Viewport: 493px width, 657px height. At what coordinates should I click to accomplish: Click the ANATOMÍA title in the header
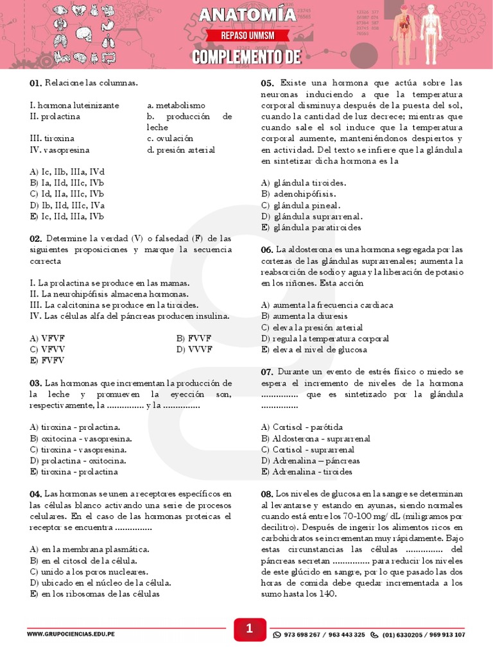pyautogui.click(x=246, y=15)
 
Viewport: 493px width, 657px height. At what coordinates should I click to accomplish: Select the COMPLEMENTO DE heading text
pyautogui.click(x=246, y=57)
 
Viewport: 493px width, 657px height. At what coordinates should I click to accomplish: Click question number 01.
pyautogui.click(x=35, y=83)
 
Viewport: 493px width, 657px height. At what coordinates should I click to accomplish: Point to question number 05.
pyautogui.click(x=268, y=83)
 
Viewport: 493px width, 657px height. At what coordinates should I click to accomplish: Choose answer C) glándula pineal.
pyautogui.click(x=300, y=205)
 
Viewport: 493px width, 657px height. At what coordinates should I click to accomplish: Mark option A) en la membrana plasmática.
pyautogui.click(x=90, y=549)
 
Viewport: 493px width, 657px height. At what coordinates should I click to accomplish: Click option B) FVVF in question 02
pyautogui.click(x=194, y=338)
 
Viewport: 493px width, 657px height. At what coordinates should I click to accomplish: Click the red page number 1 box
pyautogui.click(x=249, y=631)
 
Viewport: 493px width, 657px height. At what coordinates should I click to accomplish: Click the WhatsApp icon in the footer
pyautogui.click(x=277, y=635)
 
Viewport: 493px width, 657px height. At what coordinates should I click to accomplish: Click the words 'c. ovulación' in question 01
pyautogui.click(x=170, y=139)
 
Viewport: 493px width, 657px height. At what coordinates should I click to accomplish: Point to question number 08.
pyautogui.click(x=268, y=494)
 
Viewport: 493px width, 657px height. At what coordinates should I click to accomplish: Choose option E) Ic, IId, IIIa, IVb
pyautogui.click(x=67, y=216)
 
